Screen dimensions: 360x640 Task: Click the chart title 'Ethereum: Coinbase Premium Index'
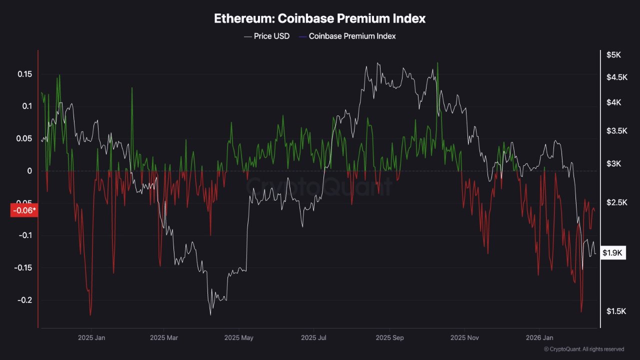click(x=320, y=18)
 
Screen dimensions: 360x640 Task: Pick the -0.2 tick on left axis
click(x=23, y=300)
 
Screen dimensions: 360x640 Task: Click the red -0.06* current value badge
click(x=24, y=210)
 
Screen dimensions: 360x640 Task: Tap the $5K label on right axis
click(x=613, y=55)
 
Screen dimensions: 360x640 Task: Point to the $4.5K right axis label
click(x=616, y=77)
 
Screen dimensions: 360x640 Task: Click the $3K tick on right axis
click(x=613, y=164)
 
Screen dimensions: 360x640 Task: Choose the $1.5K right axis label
click(x=616, y=311)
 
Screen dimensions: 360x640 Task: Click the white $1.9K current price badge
click(x=612, y=253)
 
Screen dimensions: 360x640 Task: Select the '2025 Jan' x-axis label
click(x=91, y=337)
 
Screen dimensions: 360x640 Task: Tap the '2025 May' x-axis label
click(x=239, y=337)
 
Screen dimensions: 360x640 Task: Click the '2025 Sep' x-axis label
click(x=390, y=337)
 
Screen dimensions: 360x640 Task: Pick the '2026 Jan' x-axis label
click(x=540, y=337)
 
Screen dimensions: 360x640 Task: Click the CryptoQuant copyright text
click(x=583, y=349)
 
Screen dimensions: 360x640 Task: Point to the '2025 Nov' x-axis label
click(x=465, y=337)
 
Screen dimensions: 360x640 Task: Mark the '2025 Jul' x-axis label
click(x=313, y=337)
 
